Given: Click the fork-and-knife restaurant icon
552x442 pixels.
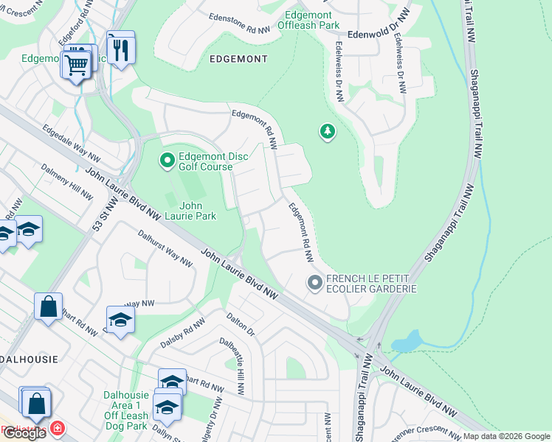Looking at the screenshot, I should (121, 49).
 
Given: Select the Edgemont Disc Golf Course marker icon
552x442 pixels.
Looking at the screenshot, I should (168, 159).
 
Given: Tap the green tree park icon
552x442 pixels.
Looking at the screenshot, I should (327, 132).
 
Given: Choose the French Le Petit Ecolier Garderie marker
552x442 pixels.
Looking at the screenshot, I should (315, 283).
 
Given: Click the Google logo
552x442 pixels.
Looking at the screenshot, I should (24, 433).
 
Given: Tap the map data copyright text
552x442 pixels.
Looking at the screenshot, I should (506, 436).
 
